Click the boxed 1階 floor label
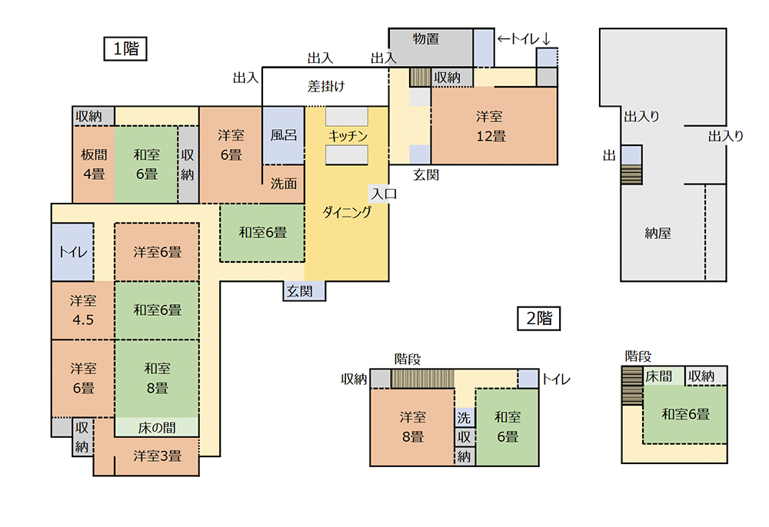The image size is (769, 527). [125, 49]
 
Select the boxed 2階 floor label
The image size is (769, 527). [538, 318]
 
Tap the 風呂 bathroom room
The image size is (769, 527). [284, 135]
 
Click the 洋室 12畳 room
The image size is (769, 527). [494, 126]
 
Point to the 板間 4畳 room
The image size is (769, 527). [94, 164]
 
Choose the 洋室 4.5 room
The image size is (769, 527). [83, 310]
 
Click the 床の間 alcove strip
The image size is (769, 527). [157, 427]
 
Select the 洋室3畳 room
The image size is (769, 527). [157, 456]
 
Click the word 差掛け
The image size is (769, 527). [326, 87]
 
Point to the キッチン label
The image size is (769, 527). [348, 136]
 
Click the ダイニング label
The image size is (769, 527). [347, 212]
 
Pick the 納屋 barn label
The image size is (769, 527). [657, 233]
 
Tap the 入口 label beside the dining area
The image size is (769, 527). [384, 194]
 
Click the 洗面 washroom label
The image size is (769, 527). [284, 184]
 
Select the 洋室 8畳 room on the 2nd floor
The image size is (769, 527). [412, 427]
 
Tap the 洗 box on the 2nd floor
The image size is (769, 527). [464, 417]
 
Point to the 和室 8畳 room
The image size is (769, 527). [157, 378]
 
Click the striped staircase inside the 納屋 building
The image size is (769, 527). [631, 174]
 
